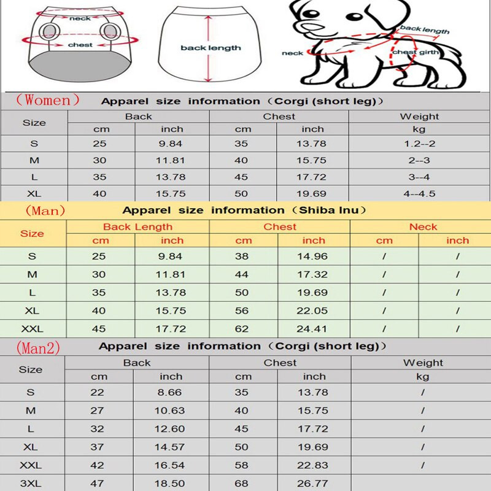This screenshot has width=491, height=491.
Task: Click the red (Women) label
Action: tap(48, 99)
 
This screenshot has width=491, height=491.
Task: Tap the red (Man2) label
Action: tap(38, 347)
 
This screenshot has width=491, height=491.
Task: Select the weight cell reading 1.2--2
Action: tap(420, 144)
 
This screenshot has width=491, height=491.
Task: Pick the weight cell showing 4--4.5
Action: tap(420, 194)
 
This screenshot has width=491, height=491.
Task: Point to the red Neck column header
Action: tap(423, 227)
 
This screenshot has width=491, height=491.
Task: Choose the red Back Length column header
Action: tap(137, 227)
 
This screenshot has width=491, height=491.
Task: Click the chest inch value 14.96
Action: tap(314, 257)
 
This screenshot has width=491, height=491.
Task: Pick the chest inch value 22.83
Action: tap(314, 466)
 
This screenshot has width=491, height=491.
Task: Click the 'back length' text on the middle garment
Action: tap(210, 48)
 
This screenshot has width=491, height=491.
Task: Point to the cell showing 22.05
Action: tap(314, 311)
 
